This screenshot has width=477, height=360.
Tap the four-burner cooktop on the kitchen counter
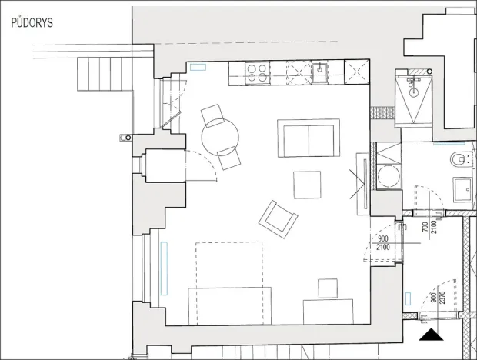(257, 73)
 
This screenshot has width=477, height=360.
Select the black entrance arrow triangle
(429, 335)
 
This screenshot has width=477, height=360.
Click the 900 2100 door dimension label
(382, 243)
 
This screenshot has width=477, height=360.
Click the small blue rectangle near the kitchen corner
(198, 68)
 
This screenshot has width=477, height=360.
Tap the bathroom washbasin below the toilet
(463, 189)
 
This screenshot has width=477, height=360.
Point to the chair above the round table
(212, 115)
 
